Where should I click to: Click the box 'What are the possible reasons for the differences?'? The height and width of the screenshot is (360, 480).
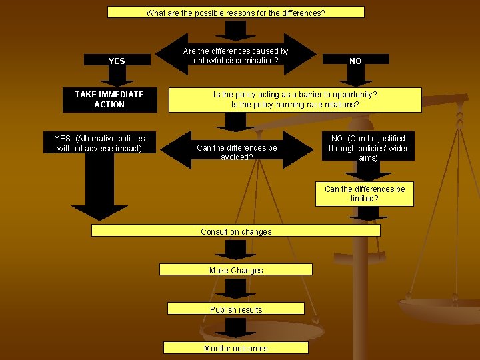[x=236, y=12]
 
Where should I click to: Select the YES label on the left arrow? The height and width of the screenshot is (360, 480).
[x=117, y=61]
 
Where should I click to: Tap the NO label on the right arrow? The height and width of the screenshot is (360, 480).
[x=355, y=61]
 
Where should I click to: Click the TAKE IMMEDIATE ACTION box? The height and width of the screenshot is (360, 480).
[x=109, y=99]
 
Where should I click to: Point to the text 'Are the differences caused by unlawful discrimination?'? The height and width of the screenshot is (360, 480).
[x=235, y=56]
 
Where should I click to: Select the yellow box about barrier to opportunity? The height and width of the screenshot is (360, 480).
[x=295, y=100]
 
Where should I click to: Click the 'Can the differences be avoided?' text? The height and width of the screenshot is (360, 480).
[x=237, y=152]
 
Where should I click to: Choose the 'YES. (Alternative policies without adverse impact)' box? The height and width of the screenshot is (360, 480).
[x=99, y=143]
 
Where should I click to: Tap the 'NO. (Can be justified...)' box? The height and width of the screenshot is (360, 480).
[x=368, y=147]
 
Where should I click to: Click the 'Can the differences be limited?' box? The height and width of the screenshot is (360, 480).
[x=364, y=193]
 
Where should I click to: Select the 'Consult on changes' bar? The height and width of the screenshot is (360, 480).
[x=236, y=231]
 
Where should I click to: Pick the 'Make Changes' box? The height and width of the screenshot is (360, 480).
[x=236, y=270]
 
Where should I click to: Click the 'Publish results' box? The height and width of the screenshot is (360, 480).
[x=236, y=309]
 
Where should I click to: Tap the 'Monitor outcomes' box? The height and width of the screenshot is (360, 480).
[x=236, y=347]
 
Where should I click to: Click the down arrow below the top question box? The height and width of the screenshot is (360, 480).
[x=235, y=29]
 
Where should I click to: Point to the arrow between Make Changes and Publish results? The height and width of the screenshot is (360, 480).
[x=235, y=288]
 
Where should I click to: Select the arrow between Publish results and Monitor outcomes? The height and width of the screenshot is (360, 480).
[x=235, y=327]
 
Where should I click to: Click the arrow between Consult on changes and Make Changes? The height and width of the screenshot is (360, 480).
[x=235, y=249]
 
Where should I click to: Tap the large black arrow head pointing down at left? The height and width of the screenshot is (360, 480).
[x=100, y=211]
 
